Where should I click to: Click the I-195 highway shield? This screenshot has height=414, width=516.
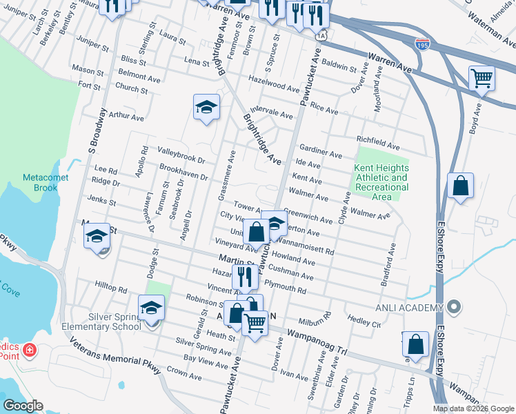click(423, 44)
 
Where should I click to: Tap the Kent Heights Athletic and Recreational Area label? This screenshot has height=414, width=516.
click(381, 182)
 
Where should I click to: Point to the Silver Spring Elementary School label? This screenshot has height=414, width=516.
click(110, 322)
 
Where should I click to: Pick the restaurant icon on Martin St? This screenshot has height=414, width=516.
click(244, 276)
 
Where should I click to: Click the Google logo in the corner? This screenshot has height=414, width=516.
click(23, 406)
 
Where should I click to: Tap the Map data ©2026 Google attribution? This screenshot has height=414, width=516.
click(473, 408)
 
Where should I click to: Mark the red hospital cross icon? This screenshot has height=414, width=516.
click(29, 351)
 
